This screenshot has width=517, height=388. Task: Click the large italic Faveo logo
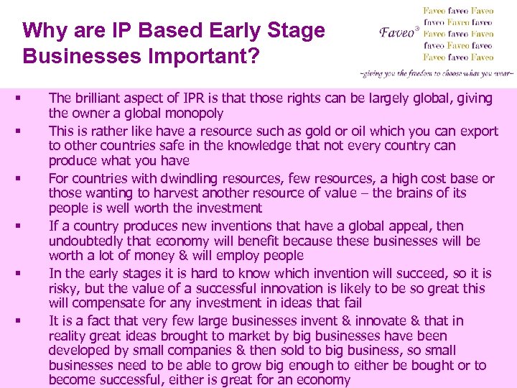click(x=396, y=33)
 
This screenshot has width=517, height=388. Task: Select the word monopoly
click(x=195, y=114)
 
